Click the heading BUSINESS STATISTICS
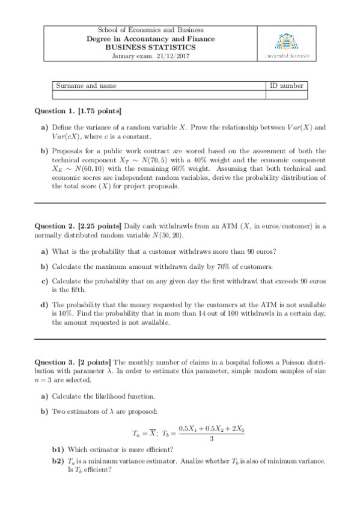(x=151, y=48)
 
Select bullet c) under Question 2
(x=44, y=281)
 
